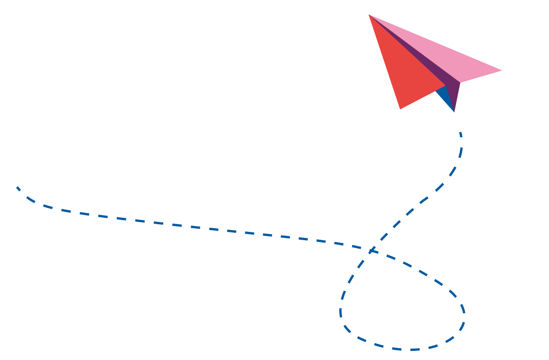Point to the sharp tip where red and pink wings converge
(370, 15)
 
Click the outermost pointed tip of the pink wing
(501, 70)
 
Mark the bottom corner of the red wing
(400, 108)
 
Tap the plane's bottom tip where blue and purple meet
(454, 111)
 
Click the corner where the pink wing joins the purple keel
(460, 83)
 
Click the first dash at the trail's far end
(18, 188)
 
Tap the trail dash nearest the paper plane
(461, 134)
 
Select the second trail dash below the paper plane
(460, 152)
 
